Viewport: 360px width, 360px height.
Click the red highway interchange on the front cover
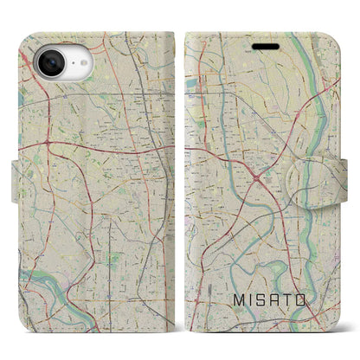pos(257,156)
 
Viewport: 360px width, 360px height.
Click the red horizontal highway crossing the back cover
pos(95,140)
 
